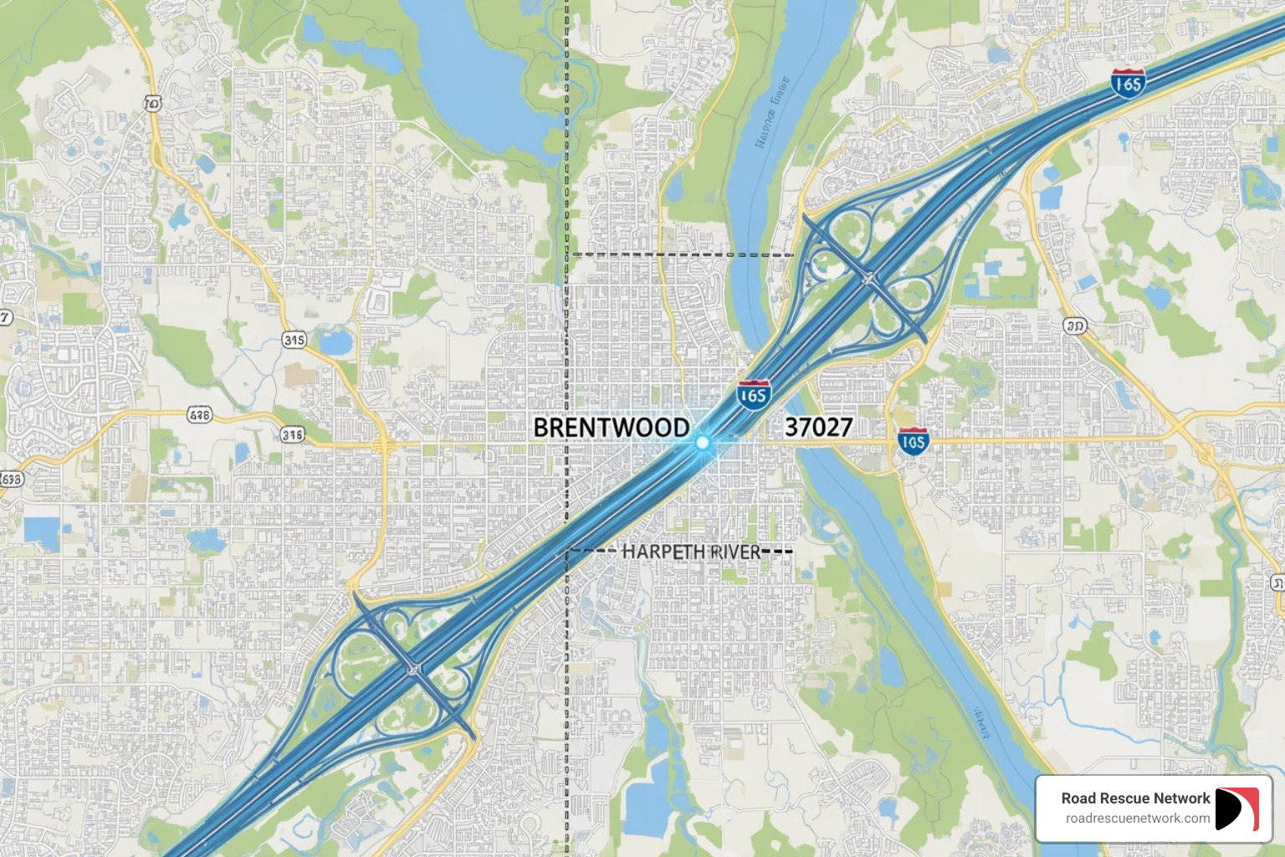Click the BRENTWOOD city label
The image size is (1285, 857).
612,428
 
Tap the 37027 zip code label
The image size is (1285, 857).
818,428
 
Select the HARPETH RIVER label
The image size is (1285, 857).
691,552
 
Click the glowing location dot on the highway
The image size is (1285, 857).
703,442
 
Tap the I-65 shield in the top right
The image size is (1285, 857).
1128,83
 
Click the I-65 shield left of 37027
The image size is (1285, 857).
754,395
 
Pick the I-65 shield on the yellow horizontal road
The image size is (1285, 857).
913,441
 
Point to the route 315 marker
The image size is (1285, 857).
294,340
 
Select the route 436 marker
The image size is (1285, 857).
199,414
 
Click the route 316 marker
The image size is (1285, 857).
292,434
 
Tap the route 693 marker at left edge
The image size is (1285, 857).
10,479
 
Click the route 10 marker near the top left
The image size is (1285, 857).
152,103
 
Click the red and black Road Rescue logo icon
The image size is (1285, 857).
1236,808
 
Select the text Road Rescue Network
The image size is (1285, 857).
1135,798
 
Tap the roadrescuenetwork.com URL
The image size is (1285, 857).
1137,819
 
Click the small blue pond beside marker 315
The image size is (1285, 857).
335,342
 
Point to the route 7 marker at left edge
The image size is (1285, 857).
5,317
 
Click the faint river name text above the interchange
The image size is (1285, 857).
771,111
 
